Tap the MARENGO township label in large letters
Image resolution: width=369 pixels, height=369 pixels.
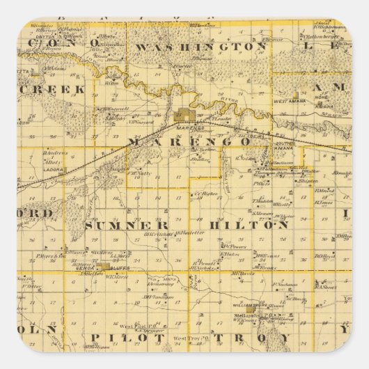[189, 141]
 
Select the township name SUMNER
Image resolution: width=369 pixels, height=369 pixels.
[127, 226]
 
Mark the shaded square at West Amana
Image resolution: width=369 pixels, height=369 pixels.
[295, 94]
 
